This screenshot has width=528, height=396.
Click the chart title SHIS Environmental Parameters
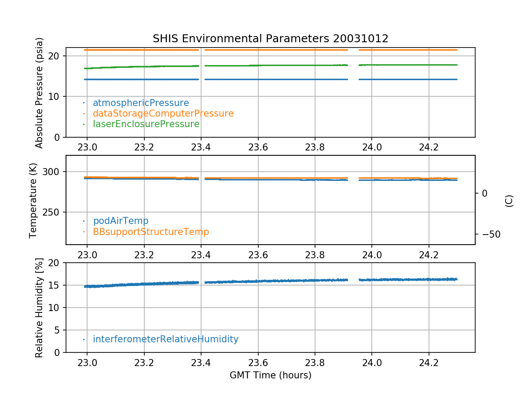click(x=270, y=39)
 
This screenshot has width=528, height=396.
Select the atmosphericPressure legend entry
click(x=141, y=103)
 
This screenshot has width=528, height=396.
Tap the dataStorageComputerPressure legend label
click(x=163, y=114)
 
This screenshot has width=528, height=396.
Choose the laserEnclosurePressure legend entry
click(x=146, y=124)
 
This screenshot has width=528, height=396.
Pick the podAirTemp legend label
click(x=121, y=221)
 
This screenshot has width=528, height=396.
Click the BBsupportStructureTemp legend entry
click(x=151, y=231)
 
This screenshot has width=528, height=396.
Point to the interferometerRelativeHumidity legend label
click(x=165, y=339)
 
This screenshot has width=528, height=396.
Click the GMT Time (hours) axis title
click(x=270, y=375)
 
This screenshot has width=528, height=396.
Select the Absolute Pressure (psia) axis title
click(x=40, y=92)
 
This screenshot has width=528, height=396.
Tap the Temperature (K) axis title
click(x=33, y=200)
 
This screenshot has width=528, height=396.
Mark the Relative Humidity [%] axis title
click(x=40, y=308)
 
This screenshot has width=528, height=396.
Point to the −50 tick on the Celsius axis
click(x=488, y=234)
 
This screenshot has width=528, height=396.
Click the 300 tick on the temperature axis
click(x=54, y=172)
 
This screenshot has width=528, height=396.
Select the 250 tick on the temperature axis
click(x=54, y=212)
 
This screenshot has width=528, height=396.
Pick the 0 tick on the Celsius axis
click(x=484, y=193)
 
